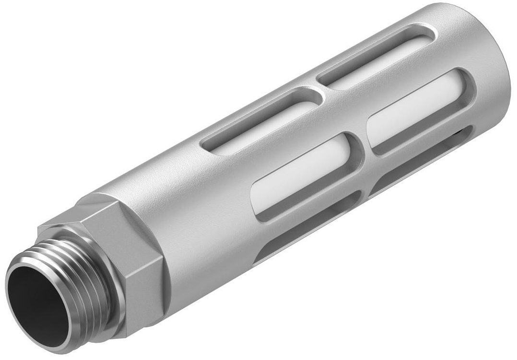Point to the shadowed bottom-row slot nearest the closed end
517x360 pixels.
click(422, 158)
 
